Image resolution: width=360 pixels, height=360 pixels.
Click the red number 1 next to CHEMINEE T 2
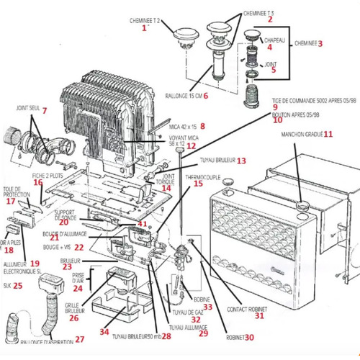point(144,28)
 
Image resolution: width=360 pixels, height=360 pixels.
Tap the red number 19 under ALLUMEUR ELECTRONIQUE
point(35,264)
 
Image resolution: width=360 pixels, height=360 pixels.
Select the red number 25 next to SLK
point(18,285)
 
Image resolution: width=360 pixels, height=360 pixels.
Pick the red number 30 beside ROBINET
point(250,336)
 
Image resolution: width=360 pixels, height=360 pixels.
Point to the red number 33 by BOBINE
point(207,306)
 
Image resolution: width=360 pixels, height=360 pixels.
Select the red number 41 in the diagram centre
point(142,224)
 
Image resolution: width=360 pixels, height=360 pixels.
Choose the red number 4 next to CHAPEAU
point(269,47)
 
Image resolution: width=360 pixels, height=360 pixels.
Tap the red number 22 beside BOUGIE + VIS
point(78,247)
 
